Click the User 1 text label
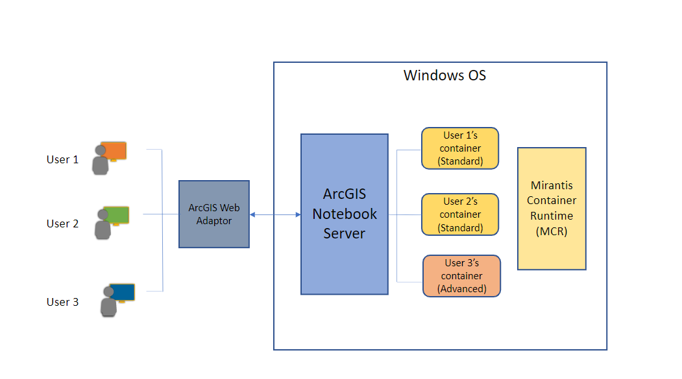tap(62, 159)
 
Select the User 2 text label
tap(62, 224)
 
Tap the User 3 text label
tap(62, 302)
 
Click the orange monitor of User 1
tap(114, 150)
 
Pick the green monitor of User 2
tap(116, 214)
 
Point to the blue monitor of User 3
tap(122, 292)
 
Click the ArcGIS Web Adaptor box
tap(214, 214)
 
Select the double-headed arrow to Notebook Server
tap(275, 214)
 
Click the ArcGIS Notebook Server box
tap(344, 214)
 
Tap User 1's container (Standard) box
tap(460, 148)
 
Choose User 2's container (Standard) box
tap(460, 214)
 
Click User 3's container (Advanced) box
tap(461, 276)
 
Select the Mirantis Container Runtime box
tap(552, 208)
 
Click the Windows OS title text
tap(445, 75)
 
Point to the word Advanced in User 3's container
tap(461, 289)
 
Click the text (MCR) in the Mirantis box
tap(552, 232)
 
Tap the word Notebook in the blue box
tap(344, 214)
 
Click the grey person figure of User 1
tap(100, 162)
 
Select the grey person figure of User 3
tap(108, 304)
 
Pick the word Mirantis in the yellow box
tap(552, 185)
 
